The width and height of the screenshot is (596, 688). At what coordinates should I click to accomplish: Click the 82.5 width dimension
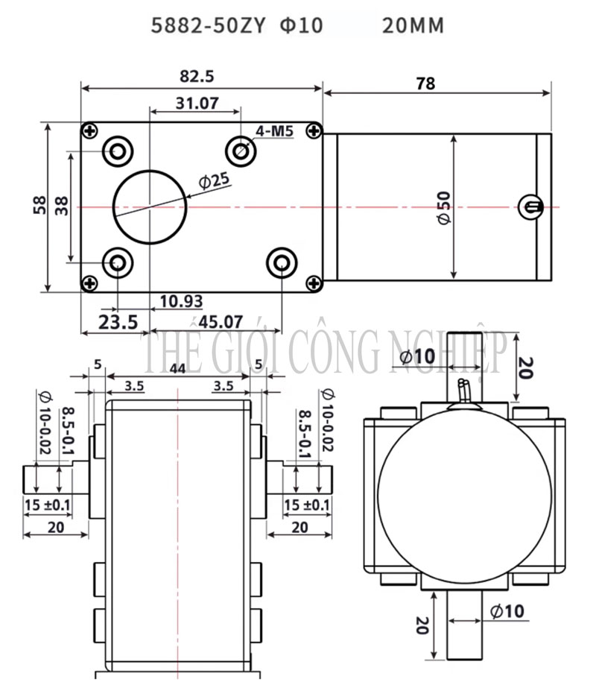(x=197, y=76)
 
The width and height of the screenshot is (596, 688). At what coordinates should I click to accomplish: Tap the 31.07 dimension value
(x=197, y=104)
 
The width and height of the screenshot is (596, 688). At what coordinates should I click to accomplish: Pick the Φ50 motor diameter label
(x=444, y=207)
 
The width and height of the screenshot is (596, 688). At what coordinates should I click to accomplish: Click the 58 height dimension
(x=39, y=206)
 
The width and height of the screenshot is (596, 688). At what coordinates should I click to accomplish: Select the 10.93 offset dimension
(x=181, y=301)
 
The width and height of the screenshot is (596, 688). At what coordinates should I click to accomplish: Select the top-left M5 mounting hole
(x=118, y=151)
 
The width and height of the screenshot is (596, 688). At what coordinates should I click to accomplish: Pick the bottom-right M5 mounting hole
(x=281, y=262)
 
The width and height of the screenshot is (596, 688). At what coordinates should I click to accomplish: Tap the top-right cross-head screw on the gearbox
(x=314, y=131)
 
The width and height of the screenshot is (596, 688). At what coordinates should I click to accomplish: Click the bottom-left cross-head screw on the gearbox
(x=90, y=283)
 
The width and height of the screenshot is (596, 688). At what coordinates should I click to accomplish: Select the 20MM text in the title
(x=412, y=26)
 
